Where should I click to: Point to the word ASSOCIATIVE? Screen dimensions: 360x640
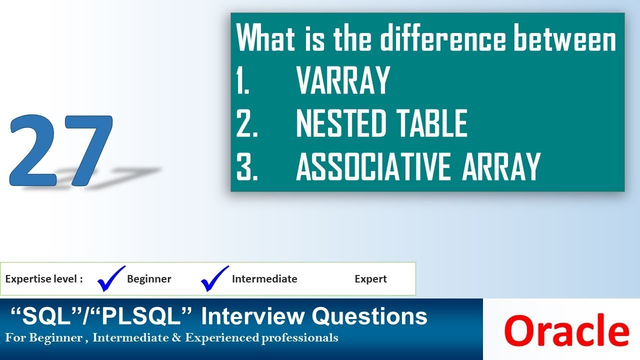375,166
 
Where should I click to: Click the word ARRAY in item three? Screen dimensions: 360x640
501,166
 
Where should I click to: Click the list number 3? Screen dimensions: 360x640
247,166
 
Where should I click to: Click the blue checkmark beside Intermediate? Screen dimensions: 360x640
215,278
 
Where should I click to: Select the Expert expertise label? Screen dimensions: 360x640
370,279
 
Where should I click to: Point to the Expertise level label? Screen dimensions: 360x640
44,279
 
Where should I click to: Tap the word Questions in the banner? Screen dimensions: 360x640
369,316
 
